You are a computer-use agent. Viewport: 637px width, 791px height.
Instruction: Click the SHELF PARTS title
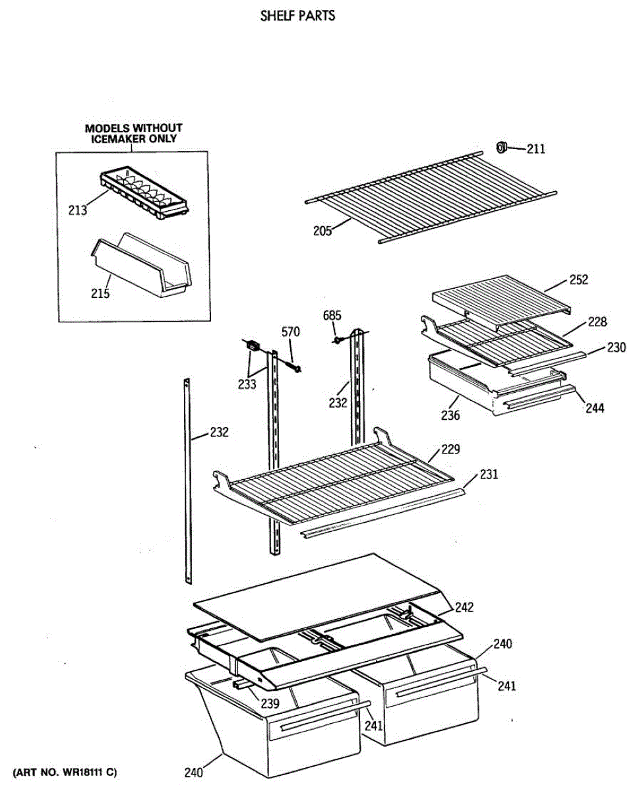[x=297, y=16]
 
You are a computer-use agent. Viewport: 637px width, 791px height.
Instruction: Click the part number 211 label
[x=535, y=150]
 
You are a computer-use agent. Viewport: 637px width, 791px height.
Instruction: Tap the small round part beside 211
[x=501, y=148]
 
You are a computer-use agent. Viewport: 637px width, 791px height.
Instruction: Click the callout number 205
[x=322, y=230]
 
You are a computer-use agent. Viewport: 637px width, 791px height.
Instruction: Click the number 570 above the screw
[x=291, y=332]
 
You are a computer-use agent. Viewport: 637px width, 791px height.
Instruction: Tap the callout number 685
[x=332, y=316]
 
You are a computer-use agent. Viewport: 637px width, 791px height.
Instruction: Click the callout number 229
[x=451, y=449]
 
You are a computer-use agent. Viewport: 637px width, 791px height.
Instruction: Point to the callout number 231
[x=489, y=474]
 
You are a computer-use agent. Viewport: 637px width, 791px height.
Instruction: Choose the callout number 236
[x=452, y=415]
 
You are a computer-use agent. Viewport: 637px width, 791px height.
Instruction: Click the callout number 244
[x=594, y=408]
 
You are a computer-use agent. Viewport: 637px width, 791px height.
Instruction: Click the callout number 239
[x=269, y=703]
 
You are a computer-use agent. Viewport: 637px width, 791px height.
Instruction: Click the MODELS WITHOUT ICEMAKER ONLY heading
[x=134, y=133]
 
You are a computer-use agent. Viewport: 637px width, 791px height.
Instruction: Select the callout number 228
[x=597, y=322]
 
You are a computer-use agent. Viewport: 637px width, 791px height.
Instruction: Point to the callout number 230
[x=617, y=347]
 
